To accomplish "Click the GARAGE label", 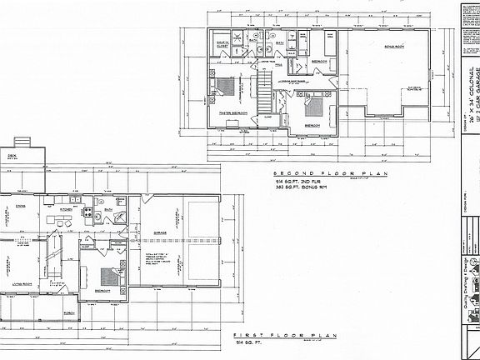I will tap(162, 233).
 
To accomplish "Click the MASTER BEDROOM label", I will tap(230, 111).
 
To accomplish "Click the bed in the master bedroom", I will tap(226, 87).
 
